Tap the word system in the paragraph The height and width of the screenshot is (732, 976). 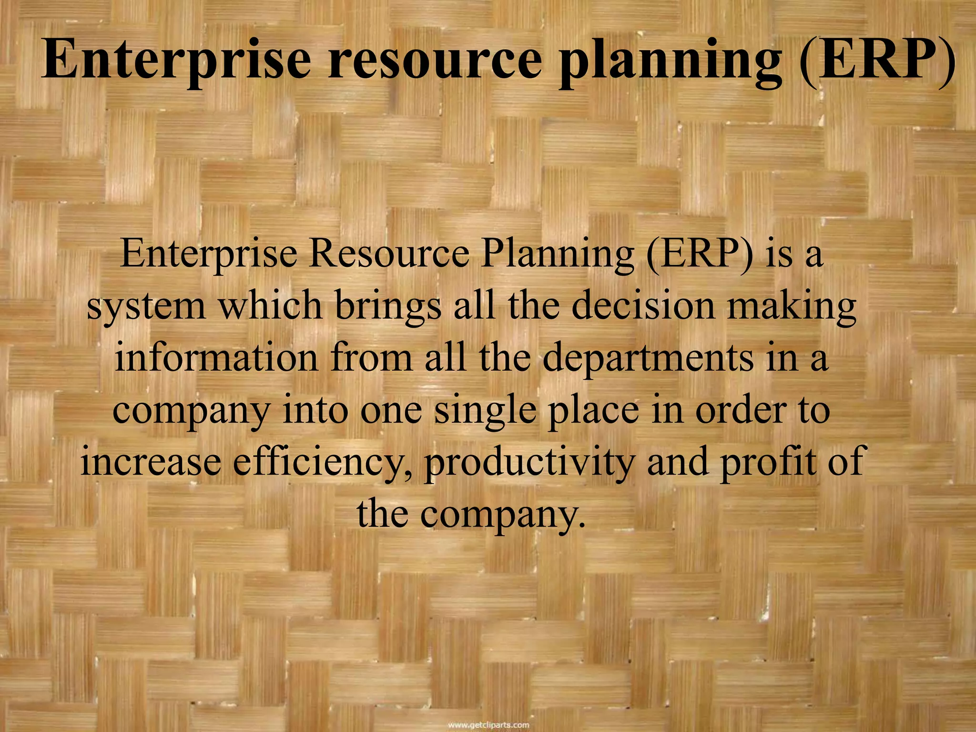[x=146, y=306]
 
